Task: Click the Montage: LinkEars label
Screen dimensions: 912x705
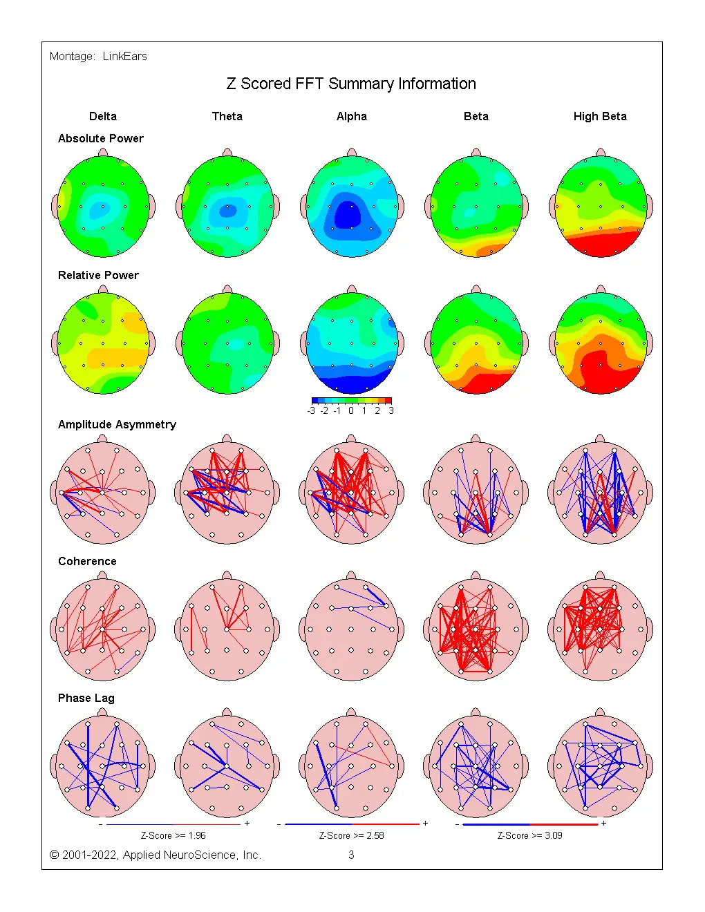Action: point(98,57)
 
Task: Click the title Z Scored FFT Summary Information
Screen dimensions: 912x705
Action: point(351,84)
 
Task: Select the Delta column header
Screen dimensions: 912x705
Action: point(103,116)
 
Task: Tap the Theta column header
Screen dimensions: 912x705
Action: point(227,116)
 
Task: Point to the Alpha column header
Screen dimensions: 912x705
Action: point(352,116)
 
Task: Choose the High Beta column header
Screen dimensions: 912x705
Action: point(600,116)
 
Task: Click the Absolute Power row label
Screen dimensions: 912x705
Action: point(101,138)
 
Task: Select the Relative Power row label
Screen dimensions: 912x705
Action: point(98,275)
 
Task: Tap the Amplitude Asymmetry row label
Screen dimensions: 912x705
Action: point(117,424)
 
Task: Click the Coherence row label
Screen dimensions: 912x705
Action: point(87,561)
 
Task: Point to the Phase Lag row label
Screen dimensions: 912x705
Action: point(86,698)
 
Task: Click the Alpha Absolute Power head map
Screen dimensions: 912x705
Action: point(352,206)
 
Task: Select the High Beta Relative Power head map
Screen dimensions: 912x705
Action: point(601,343)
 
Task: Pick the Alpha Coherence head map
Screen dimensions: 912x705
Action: point(352,629)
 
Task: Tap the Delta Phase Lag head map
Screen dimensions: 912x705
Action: point(103,766)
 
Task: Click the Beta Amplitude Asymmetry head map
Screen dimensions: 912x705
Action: point(476,492)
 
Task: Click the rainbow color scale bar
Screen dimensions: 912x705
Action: point(351,400)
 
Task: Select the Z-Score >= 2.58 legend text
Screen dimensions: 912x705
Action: point(351,835)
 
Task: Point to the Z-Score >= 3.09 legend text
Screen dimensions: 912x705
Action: point(530,835)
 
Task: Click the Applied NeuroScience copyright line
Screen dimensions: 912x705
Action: point(156,855)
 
